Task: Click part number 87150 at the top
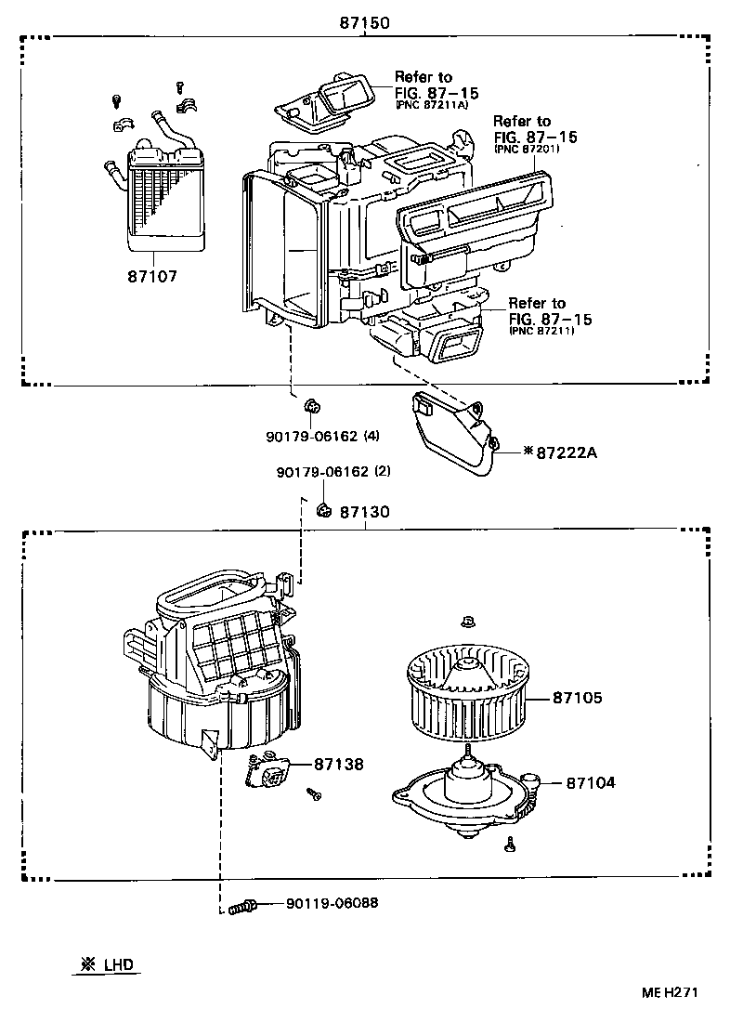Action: coord(363,21)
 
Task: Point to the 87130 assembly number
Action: coord(364,512)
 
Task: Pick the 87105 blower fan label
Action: coord(578,697)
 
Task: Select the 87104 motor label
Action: coord(590,783)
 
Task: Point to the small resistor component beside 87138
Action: coord(268,772)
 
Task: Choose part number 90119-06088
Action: coord(332,903)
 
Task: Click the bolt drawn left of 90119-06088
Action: coord(242,906)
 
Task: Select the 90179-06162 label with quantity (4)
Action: coord(319,435)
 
